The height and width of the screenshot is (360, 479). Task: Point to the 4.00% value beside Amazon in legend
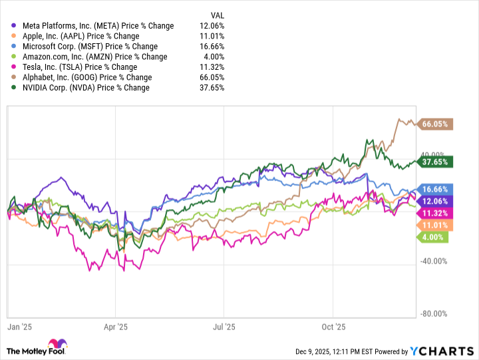(x=216, y=57)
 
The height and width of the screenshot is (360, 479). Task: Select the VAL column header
(x=217, y=14)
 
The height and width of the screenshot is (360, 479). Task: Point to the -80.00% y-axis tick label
(x=434, y=313)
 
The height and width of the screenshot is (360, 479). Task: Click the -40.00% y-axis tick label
(x=434, y=260)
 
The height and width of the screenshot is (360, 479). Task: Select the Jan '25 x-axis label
(x=20, y=327)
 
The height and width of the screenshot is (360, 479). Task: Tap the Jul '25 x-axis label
(x=224, y=327)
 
